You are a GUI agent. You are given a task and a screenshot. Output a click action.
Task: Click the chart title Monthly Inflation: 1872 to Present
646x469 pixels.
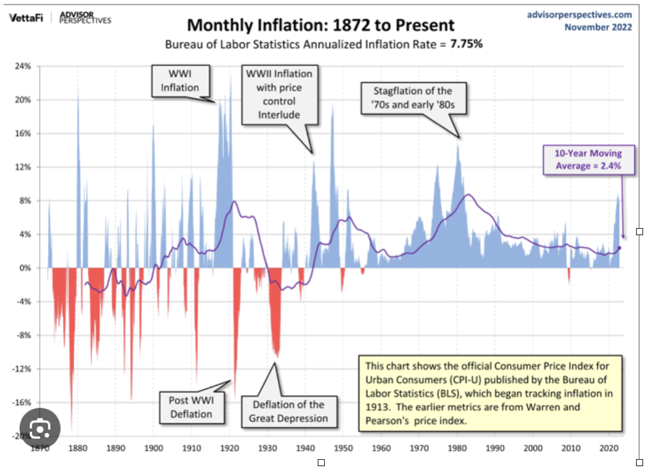(x=321, y=26)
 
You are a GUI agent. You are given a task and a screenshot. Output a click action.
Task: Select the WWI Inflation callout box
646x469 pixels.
(x=180, y=82)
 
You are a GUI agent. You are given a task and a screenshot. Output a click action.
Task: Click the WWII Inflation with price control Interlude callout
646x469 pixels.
(x=279, y=94)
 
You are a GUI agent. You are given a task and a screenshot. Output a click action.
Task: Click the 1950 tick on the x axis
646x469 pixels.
(x=343, y=449)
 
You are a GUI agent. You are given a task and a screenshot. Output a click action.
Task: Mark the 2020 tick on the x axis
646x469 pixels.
(x=608, y=449)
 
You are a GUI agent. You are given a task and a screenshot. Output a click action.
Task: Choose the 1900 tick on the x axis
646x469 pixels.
(x=153, y=449)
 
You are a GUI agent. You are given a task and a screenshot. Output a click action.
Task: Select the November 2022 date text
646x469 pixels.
(x=598, y=27)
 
